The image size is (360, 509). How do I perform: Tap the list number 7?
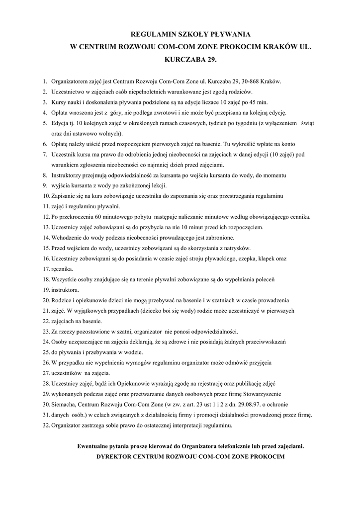[45, 155]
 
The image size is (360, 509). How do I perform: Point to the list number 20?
[46, 300]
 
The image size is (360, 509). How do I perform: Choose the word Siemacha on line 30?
[64, 405]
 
